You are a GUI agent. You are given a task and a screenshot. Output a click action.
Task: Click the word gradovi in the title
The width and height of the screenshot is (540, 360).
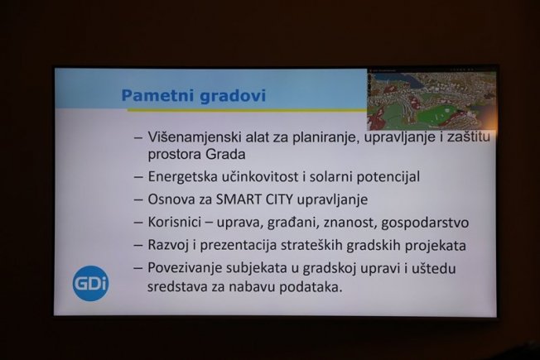[x=234, y=96]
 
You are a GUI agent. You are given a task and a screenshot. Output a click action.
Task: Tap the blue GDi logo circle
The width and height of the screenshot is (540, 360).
[x=90, y=283]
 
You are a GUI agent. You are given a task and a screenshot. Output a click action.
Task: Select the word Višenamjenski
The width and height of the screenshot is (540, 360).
[x=195, y=137]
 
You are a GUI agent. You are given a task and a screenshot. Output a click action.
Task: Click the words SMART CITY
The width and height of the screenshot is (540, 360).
[x=254, y=199]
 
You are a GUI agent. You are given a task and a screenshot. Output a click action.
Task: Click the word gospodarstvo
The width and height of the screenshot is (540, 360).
[x=425, y=223]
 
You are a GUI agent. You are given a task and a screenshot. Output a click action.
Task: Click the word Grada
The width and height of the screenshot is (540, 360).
[x=225, y=154]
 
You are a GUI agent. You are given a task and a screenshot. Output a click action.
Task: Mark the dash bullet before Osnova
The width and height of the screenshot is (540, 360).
[x=138, y=200]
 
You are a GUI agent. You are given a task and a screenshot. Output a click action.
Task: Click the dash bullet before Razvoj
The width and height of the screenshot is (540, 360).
[x=138, y=246]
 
